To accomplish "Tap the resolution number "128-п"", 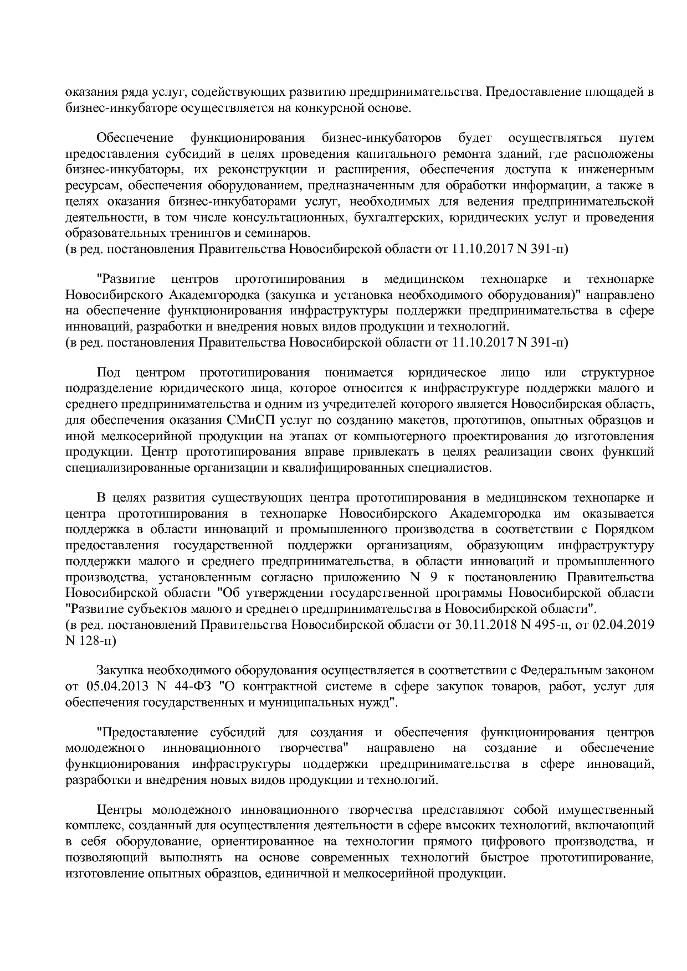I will click(98, 641).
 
